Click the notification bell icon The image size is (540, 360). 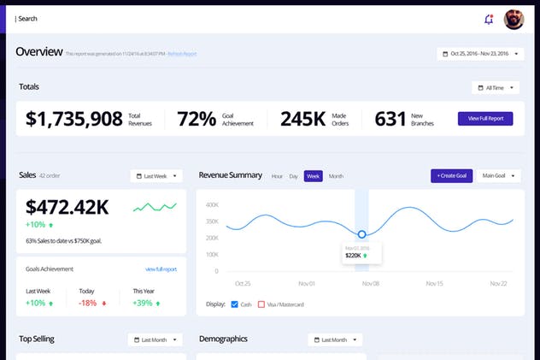(489, 19)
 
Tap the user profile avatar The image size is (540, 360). (514, 19)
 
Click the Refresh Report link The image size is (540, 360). (182, 54)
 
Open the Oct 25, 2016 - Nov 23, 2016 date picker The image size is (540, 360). (480, 54)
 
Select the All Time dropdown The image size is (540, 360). (495, 87)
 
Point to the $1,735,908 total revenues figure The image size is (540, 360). (74, 119)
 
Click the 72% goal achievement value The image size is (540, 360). (197, 119)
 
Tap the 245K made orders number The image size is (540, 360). (302, 119)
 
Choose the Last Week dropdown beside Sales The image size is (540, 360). (157, 176)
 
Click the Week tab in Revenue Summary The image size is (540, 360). (313, 176)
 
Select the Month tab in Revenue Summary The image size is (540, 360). (336, 176)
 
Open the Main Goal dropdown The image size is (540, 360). (499, 176)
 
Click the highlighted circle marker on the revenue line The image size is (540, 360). (361, 233)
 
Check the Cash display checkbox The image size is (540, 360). (235, 304)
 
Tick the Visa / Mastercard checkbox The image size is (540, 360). (261, 304)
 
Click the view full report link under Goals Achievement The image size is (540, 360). (161, 269)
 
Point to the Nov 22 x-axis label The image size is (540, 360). (498, 283)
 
